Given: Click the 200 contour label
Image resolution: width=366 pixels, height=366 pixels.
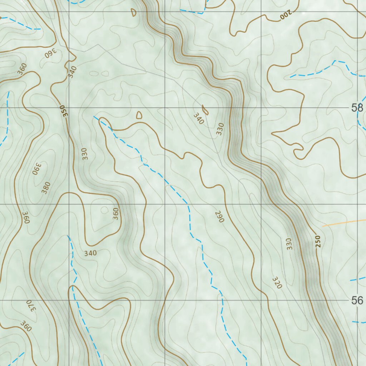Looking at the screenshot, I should click(x=286, y=15).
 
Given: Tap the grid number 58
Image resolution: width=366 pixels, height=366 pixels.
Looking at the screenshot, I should click(x=357, y=107).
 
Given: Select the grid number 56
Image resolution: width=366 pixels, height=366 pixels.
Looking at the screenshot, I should click(x=357, y=301).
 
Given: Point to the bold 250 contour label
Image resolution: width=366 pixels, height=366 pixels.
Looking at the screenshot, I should click(x=318, y=241).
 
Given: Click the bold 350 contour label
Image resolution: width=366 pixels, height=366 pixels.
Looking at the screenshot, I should click(x=64, y=111).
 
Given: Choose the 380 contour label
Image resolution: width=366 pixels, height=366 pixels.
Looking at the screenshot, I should click(x=46, y=188).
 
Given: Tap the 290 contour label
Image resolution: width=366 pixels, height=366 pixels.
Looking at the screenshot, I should click(x=219, y=217).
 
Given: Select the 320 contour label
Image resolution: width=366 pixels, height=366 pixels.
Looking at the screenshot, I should click(x=277, y=282).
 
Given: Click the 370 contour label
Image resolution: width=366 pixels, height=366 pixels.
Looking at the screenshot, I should click(x=31, y=306).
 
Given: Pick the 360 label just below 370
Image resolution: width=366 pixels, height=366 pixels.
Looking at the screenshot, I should click(x=26, y=326).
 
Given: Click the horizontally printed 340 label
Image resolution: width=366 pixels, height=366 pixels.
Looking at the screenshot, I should click(x=90, y=253).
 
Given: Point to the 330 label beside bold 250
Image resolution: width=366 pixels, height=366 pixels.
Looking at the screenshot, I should click(x=290, y=244).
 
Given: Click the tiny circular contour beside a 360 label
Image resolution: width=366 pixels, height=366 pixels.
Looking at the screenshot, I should click(x=104, y=210).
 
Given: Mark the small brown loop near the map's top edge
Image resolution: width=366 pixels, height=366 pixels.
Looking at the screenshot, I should click(x=134, y=13).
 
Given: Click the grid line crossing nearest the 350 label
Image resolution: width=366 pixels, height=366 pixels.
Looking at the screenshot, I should click(x=69, y=108).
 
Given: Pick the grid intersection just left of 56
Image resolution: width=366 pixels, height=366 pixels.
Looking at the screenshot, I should click(x=261, y=301).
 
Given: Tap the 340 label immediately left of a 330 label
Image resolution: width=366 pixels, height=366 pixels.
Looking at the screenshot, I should click(x=198, y=118).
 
